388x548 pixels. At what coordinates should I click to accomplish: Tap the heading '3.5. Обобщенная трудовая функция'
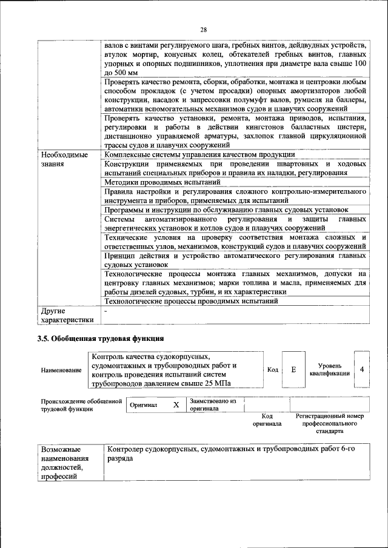coord(101,338)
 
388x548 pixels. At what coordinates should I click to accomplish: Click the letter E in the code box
coord(293,369)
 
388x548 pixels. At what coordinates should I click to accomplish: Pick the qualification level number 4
coord(362,369)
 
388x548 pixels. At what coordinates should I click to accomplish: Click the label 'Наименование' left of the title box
coord(61,370)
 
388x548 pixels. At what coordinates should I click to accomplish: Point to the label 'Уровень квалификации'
coord(329,370)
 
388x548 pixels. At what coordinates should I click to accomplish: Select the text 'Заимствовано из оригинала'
coord(213,404)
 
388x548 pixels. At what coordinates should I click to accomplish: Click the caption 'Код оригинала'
coord(267,420)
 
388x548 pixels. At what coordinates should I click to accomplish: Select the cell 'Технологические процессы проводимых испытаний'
coord(191,301)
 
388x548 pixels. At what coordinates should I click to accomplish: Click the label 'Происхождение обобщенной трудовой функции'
coord(78,404)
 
